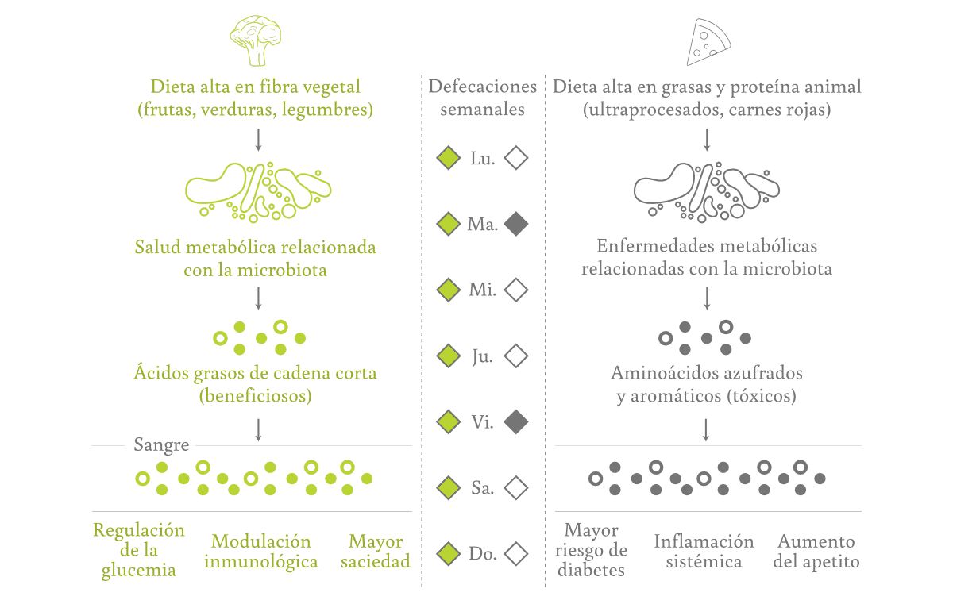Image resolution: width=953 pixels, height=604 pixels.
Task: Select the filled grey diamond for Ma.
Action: [516, 225]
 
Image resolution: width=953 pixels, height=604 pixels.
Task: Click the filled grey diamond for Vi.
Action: [516, 421]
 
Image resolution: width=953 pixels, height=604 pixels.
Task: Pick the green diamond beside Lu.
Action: [449, 158]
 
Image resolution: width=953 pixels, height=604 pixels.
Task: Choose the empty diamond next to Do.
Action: [516, 553]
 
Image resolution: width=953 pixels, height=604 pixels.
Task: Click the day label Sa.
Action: [482, 488]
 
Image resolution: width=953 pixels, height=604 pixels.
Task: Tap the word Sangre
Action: [161, 444]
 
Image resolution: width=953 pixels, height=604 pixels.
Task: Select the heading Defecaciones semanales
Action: [482, 98]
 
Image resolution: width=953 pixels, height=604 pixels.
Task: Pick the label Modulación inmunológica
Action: [261, 552]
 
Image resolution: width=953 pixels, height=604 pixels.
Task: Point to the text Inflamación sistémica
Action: [704, 552]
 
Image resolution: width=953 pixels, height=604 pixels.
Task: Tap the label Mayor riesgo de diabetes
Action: [592, 549]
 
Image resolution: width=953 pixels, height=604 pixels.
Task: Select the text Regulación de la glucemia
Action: [139, 550]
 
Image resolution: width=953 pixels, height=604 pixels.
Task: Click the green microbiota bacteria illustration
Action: [258, 191]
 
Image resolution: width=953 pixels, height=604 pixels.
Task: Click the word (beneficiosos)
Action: [255, 395]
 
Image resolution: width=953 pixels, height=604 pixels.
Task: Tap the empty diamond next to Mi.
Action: [516, 290]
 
